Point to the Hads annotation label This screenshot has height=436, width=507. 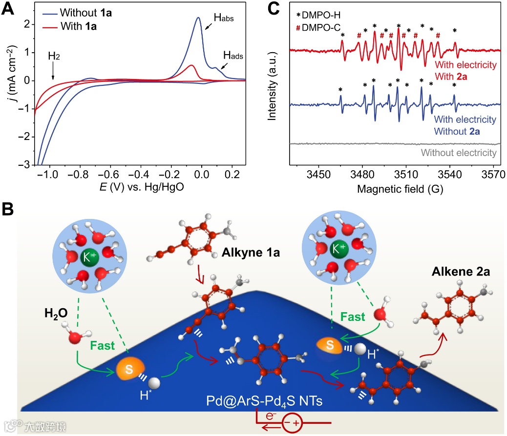tap(233, 56)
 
